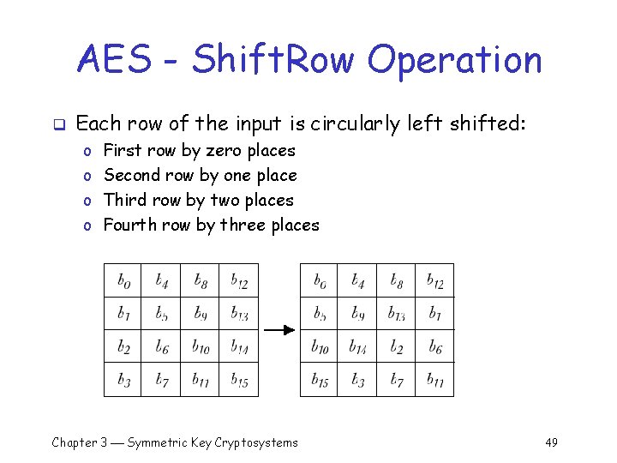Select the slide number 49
pyautogui.click(x=551, y=442)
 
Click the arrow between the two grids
pyautogui.click(x=279, y=329)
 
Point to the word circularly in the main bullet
pyautogui.click(x=355, y=123)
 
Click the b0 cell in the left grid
pyautogui.click(x=123, y=280)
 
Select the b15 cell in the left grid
pyautogui.click(x=239, y=380)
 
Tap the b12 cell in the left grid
pyautogui.click(x=239, y=280)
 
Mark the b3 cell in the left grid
pyautogui.click(x=123, y=380)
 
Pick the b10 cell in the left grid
pyautogui.click(x=200, y=346)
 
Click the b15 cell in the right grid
pyautogui.click(x=319, y=380)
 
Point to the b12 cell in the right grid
pyautogui.click(x=434, y=280)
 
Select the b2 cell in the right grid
pyautogui.click(x=396, y=346)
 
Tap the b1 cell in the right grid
pyautogui.click(x=434, y=313)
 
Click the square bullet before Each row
pyautogui.click(x=57, y=124)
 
